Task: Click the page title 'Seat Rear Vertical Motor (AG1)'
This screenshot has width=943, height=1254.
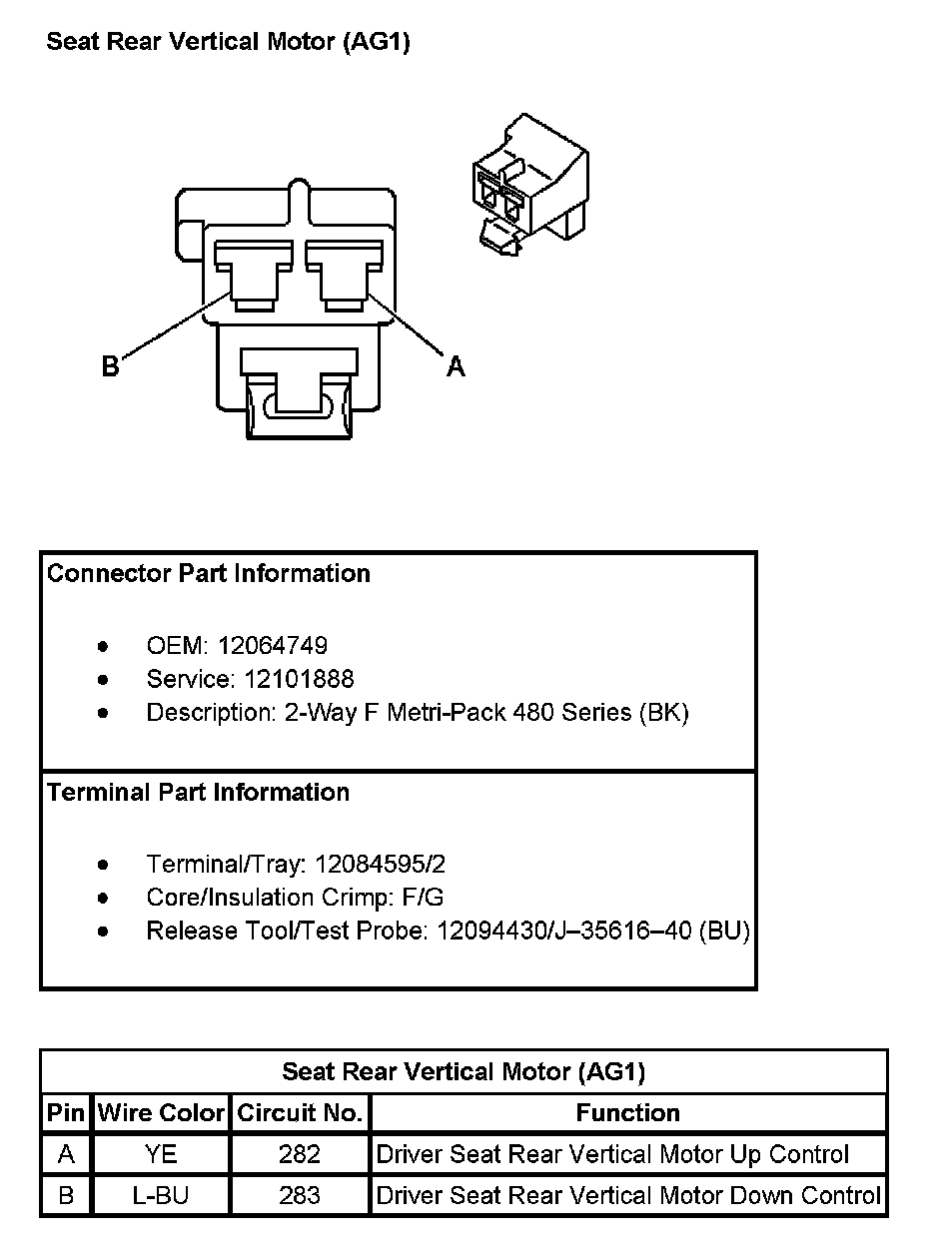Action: point(229,42)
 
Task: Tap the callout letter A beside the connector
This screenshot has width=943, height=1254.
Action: point(456,367)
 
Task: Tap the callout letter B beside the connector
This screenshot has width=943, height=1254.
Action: point(110,367)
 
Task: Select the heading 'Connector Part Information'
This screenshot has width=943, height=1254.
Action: point(209,573)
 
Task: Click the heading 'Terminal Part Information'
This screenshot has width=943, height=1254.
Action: point(199,792)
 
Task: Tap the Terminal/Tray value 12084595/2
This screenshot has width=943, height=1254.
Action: point(380,864)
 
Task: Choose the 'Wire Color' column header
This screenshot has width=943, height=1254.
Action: point(161,1113)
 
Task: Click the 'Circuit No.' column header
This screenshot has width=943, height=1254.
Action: point(300,1113)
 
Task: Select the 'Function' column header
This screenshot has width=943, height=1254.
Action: point(627,1113)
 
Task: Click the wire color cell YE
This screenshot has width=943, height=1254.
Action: point(161,1154)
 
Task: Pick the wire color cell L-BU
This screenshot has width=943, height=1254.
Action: point(161,1195)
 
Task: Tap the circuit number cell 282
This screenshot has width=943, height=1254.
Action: point(300,1154)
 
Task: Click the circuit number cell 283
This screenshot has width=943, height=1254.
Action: point(300,1195)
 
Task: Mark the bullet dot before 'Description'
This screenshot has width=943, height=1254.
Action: point(103,713)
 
